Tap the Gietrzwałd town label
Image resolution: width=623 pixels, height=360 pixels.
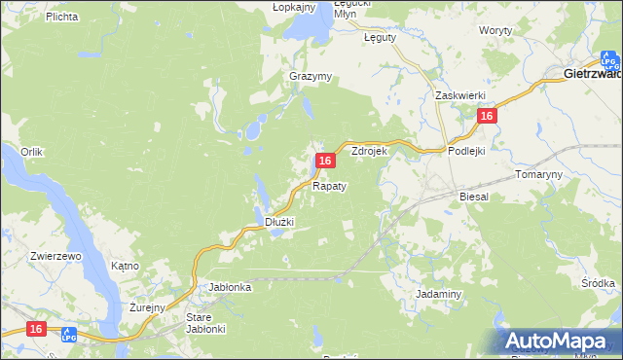pyautogui.click(x=593, y=73)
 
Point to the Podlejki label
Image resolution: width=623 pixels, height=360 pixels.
pyautogui.click(x=466, y=151)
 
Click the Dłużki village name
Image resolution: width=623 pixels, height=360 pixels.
pyautogui.click(x=279, y=222)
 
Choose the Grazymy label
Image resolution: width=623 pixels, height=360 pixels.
pyautogui.click(x=311, y=76)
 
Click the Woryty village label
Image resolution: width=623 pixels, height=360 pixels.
pyautogui.click(x=495, y=30)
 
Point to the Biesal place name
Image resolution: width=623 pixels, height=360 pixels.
pyautogui.click(x=474, y=196)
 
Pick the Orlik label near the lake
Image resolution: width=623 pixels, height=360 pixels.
pyautogui.click(x=32, y=152)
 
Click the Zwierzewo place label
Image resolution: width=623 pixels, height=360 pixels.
pyautogui.click(x=28, y=256)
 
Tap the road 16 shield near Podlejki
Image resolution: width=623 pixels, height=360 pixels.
pyautogui.click(x=488, y=116)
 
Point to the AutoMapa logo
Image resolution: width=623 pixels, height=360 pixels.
pyautogui.click(x=561, y=341)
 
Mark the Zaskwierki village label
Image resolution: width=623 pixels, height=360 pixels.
pyautogui.click(x=460, y=95)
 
